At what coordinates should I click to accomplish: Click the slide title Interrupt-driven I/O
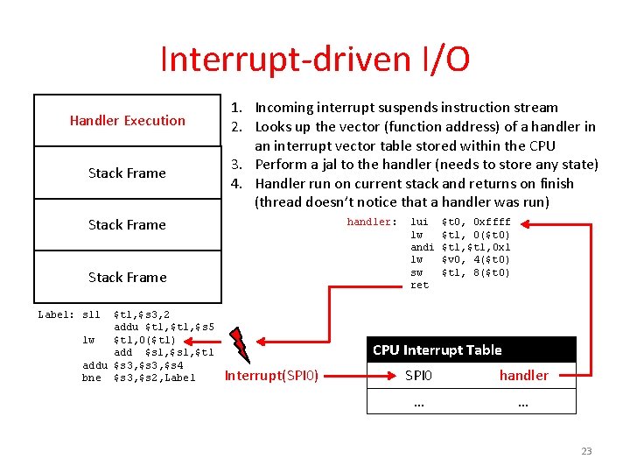point(315,60)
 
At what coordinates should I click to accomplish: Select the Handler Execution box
point(127,120)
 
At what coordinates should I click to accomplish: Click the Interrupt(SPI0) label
point(271,376)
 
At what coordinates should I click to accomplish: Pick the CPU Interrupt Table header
point(437,349)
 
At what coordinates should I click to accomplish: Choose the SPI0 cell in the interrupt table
point(418,375)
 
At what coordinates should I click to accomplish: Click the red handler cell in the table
point(523,375)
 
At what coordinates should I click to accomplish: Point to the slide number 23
point(586,451)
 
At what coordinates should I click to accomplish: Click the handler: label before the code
point(372,222)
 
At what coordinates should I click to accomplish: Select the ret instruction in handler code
point(420,286)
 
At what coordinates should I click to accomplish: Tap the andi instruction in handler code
point(423,248)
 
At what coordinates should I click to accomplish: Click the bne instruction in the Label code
point(92,378)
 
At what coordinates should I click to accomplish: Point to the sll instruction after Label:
point(91,314)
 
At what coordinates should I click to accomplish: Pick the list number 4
point(234,184)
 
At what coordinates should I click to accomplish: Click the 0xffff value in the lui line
point(491,222)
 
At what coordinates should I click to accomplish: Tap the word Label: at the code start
point(55,314)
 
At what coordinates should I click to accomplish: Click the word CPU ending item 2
point(540,145)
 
